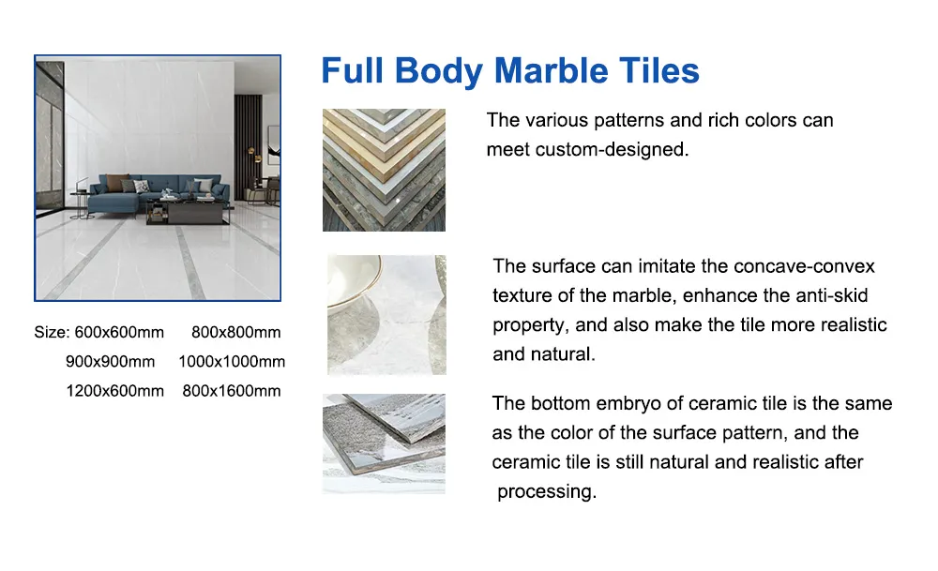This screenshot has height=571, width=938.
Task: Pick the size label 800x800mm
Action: (235, 332)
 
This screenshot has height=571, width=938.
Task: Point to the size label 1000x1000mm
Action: (232, 361)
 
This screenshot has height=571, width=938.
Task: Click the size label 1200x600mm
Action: (114, 390)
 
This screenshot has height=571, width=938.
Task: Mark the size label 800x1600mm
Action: (232, 390)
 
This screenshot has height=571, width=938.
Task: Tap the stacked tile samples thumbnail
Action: (384, 170)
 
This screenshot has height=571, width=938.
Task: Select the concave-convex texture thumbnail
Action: (386, 314)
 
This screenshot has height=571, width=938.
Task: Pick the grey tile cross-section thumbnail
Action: (384, 443)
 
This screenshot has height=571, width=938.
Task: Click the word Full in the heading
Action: (353, 71)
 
